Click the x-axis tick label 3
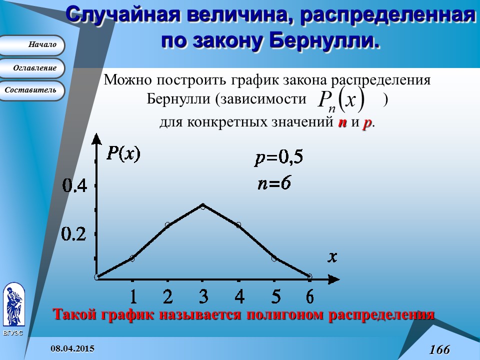[203, 296]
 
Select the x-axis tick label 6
[310, 296]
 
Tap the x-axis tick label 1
[133, 296]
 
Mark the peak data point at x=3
[202, 205]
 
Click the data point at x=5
[274, 258]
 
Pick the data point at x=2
[167, 225]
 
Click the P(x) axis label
[123, 153]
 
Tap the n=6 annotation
[274, 182]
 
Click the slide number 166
[439, 349]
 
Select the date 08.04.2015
[72, 348]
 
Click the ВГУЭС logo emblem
[13, 305]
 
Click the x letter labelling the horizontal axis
[332, 257]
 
